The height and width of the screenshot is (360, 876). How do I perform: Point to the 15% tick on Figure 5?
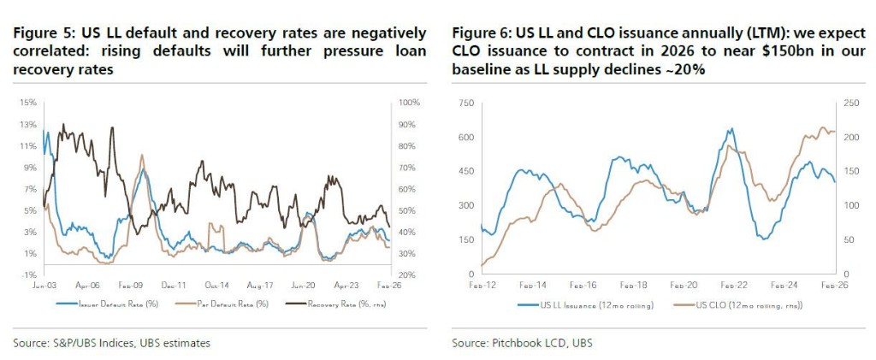pos(27,103)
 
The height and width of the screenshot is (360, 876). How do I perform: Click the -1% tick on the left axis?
pos(28,274)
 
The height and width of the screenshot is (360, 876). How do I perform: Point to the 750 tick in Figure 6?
pos(466,103)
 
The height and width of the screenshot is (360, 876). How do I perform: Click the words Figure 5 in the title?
pos(43,33)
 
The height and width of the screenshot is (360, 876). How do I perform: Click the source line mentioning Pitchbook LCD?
pos(522,343)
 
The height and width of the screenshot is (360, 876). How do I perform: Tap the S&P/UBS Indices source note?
pos(111,343)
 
